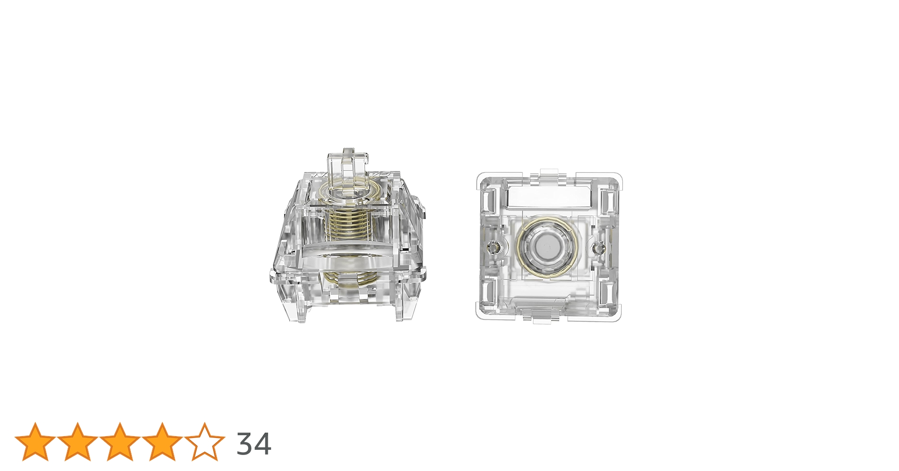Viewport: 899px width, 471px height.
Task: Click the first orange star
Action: pyautogui.click(x=35, y=442)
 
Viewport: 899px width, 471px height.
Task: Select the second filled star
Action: pyautogui.click(x=78, y=442)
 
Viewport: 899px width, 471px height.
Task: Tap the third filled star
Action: pyautogui.click(x=120, y=442)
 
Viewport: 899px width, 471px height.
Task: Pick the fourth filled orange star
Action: pyautogui.click(x=162, y=442)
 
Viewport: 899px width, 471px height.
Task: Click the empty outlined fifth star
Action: pyautogui.click(x=205, y=442)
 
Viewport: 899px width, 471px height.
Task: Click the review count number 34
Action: pyautogui.click(x=254, y=444)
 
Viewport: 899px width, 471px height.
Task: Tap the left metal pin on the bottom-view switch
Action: pyautogui.click(x=494, y=246)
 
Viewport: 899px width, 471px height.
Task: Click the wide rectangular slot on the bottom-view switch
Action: pyautogui.click(x=549, y=196)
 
